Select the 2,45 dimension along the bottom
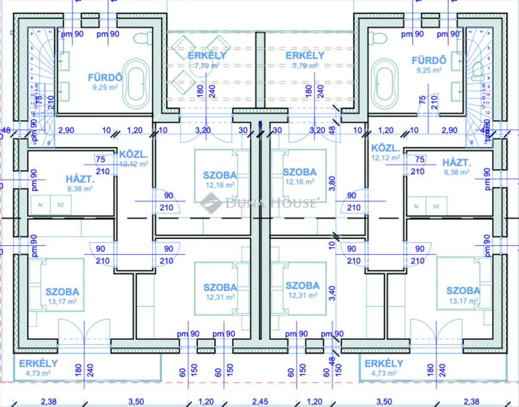[259, 401]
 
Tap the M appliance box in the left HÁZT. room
[40, 205]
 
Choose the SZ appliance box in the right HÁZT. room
[436, 207]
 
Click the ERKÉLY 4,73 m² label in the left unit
[38, 367]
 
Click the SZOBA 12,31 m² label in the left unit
[220, 291]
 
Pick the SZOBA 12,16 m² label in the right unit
[300, 176]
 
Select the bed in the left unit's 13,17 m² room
[56, 284]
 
